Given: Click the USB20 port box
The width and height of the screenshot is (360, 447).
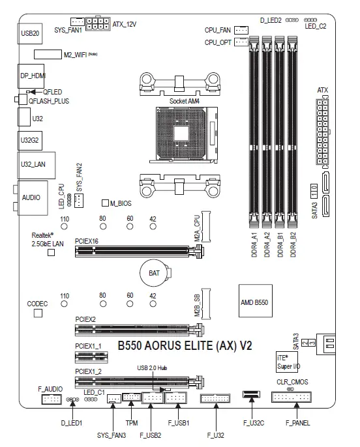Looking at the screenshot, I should coord(29,33).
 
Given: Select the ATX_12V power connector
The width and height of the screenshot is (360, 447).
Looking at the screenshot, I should coord(100,24).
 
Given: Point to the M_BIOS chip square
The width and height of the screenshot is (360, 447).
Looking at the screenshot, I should coord(104,204).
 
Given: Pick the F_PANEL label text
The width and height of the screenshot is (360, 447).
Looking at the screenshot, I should coord(298,422).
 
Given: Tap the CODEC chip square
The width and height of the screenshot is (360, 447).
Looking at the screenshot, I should coord(38,313).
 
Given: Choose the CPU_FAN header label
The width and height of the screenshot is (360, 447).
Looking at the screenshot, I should coord(218,30).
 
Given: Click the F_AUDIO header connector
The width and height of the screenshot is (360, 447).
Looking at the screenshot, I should coord(51,399).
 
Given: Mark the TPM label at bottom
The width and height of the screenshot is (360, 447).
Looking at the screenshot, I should coord(132,422).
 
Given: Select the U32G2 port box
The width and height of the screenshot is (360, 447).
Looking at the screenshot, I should coord(29,139).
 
